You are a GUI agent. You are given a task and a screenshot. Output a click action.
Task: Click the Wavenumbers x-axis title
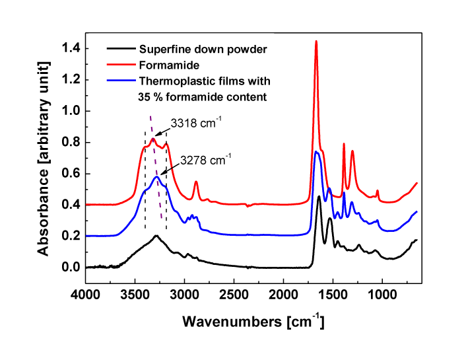(x=253, y=322)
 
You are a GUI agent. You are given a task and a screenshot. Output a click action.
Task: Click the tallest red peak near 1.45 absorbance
(x=316, y=42)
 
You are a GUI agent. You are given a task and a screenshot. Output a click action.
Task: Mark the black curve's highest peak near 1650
(x=319, y=197)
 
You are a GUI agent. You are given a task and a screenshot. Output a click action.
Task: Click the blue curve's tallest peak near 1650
(x=317, y=153)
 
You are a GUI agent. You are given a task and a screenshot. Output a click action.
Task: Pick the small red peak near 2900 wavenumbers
(x=196, y=182)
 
